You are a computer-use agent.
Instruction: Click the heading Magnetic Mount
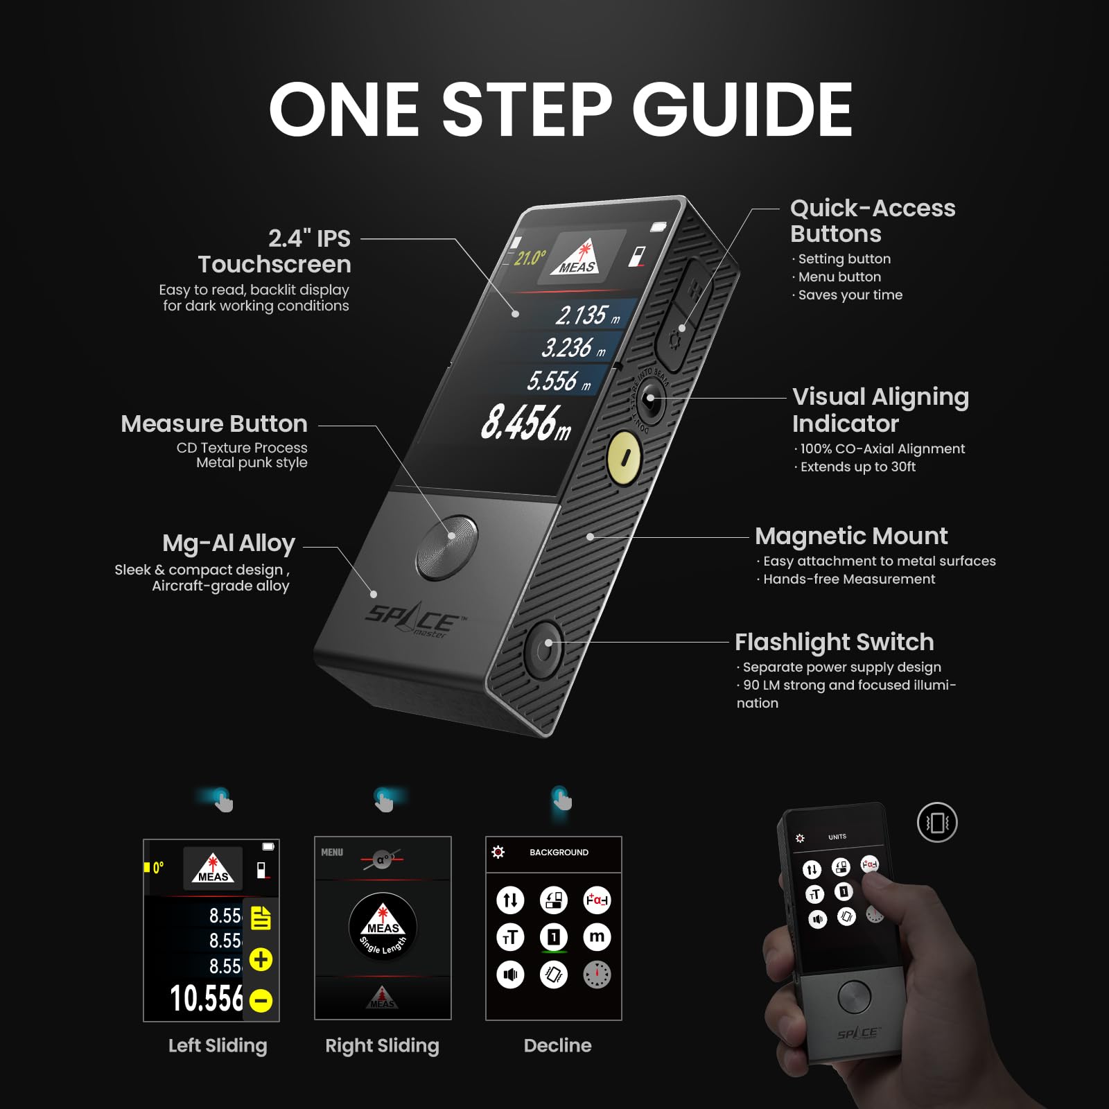pyautogui.click(x=850, y=536)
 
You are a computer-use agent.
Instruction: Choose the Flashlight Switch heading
pyautogui.click(x=834, y=642)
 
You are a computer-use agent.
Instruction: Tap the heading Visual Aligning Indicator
pyautogui.click(x=880, y=410)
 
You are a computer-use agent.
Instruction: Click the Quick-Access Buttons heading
pyautogui.click(x=872, y=220)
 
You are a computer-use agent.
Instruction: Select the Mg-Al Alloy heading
pyautogui.click(x=229, y=543)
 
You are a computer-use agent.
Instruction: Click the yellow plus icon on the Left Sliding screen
pyautogui.click(x=261, y=959)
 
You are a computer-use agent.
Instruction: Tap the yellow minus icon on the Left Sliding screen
pyautogui.click(x=261, y=1000)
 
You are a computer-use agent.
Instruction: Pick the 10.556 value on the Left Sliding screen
pyautogui.click(x=206, y=999)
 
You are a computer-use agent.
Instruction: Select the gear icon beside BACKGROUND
pyautogui.click(x=498, y=852)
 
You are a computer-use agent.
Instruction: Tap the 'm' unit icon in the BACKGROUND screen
pyautogui.click(x=597, y=937)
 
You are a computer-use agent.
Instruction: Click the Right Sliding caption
pyautogui.click(x=382, y=1045)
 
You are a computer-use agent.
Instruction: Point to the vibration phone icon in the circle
pyautogui.click(x=936, y=823)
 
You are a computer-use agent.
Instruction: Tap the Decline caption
pyautogui.click(x=557, y=1045)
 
